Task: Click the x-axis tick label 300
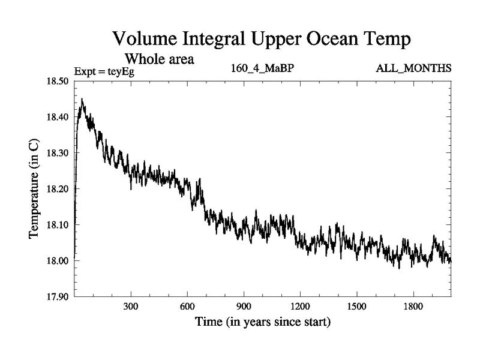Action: pyautogui.click(x=131, y=305)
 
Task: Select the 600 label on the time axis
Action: pyautogui.click(x=187, y=305)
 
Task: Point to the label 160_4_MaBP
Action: pyautogui.click(x=262, y=68)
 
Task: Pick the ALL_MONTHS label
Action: pyautogui.click(x=413, y=68)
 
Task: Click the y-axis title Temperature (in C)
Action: pyautogui.click(x=35, y=189)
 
